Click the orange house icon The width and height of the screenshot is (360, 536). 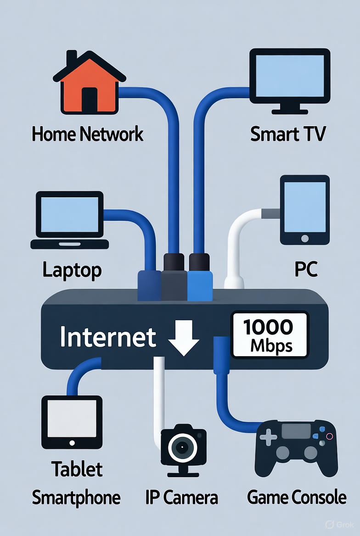[x=89, y=85]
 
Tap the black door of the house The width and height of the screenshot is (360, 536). [x=90, y=100]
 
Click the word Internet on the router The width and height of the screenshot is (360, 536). [x=108, y=338]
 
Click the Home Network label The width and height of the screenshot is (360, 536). [x=87, y=134]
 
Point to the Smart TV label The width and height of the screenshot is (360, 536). [x=288, y=134]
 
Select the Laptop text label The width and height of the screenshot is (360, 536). [x=72, y=270]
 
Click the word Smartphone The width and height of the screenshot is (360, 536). [x=76, y=497]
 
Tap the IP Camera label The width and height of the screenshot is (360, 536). [x=181, y=497]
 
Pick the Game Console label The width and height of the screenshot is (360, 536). [x=297, y=497]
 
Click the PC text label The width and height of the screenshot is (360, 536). [x=305, y=270]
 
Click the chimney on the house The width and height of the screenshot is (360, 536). [x=72, y=59]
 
